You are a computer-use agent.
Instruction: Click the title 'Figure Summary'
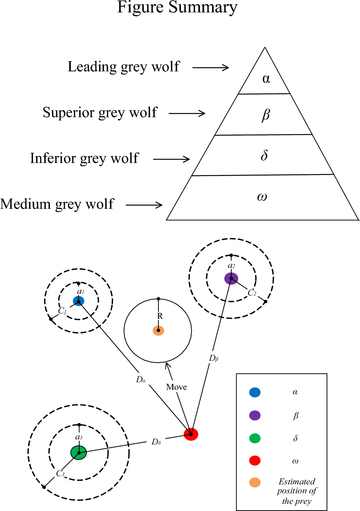pyautogui.click(x=177, y=8)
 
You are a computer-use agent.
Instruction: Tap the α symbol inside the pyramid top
pyautogui.click(x=266, y=78)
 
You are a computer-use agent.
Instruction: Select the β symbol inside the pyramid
pyautogui.click(x=266, y=115)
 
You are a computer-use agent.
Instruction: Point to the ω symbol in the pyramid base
pyautogui.click(x=262, y=196)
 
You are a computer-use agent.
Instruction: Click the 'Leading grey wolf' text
pyautogui.click(x=124, y=67)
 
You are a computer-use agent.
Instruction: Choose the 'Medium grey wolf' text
pyautogui.click(x=57, y=204)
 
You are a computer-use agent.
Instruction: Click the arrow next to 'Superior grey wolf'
pyautogui.click(x=187, y=113)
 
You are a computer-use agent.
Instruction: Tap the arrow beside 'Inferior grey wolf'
pyautogui.click(x=172, y=159)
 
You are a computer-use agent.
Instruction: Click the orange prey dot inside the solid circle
pyautogui.click(x=158, y=330)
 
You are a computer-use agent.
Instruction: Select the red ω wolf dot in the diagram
pyautogui.click(x=191, y=434)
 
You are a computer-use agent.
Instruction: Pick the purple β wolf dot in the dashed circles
pyautogui.click(x=231, y=279)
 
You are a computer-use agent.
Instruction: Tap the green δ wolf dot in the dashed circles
pyautogui.click(x=79, y=452)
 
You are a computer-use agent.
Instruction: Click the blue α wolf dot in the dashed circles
pyautogui.click(x=78, y=301)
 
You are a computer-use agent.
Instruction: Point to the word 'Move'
pyautogui.click(x=176, y=387)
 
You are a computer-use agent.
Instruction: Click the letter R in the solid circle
pyautogui.click(x=160, y=316)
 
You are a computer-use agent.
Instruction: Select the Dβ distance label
pyautogui.click(x=214, y=358)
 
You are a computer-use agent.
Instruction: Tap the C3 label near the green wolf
pyautogui.click(x=60, y=473)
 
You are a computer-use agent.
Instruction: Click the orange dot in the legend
pyautogui.click(x=255, y=482)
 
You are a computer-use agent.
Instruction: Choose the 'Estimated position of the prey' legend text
pyautogui.click(x=297, y=491)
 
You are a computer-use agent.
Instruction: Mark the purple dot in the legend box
pyautogui.click(x=255, y=415)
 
